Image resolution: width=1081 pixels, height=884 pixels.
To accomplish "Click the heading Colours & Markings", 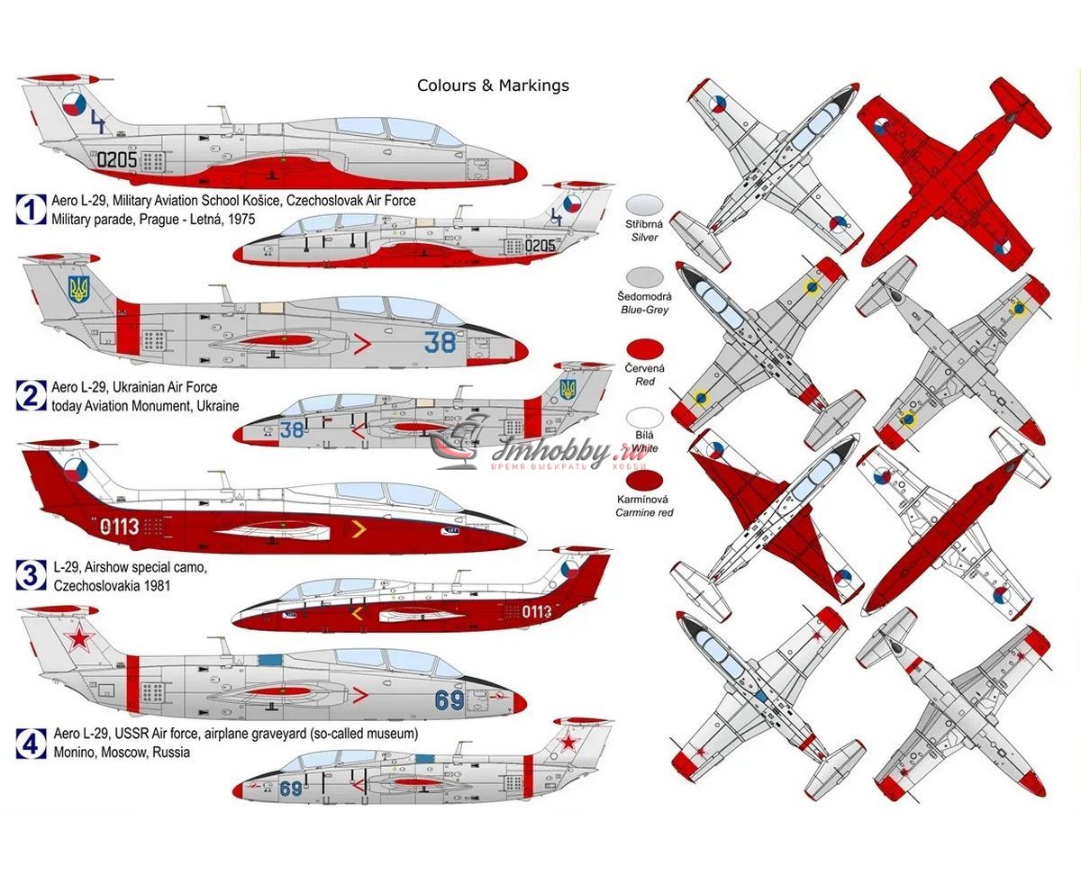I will (493, 86).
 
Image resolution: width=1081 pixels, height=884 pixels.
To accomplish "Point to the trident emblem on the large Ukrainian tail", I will (79, 289).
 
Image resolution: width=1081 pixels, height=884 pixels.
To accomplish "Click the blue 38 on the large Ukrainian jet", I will (441, 342).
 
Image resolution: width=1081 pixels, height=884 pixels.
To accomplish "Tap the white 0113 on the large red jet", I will (120, 527).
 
